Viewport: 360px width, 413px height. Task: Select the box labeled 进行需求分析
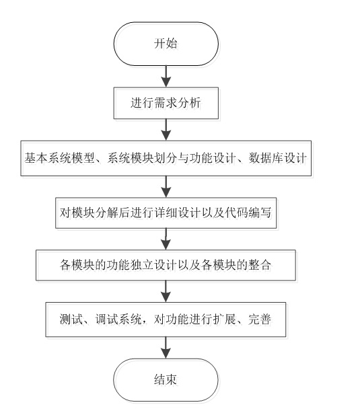point(166,104)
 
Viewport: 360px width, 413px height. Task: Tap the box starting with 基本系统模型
point(166,158)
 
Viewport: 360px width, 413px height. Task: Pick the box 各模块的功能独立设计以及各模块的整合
point(166,264)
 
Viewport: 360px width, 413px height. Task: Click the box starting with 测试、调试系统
point(166,317)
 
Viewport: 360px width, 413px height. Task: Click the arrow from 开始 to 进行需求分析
point(166,76)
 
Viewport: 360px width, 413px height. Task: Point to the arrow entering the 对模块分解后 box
point(166,185)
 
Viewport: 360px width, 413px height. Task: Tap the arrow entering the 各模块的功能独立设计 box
point(166,238)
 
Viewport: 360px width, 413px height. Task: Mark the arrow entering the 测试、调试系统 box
point(166,291)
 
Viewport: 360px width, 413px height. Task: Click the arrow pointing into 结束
point(166,345)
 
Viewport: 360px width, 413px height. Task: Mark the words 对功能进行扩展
point(205,317)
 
